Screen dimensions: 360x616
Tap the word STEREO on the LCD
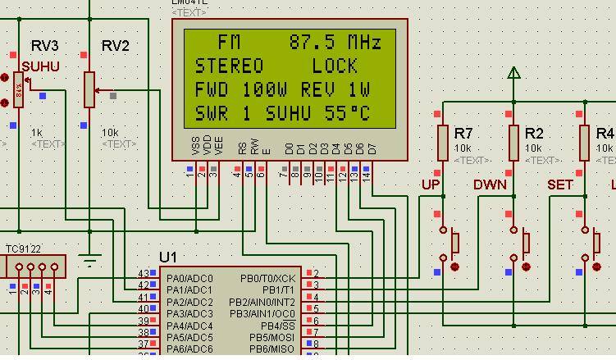tap(229, 66)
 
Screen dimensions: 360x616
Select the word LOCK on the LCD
tap(335, 66)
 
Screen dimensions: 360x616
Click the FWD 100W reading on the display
tap(243, 90)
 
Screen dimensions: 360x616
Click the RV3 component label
tap(44, 46)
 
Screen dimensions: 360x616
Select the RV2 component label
tap(115, 46)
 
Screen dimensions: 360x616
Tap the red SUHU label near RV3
tap(40, 66)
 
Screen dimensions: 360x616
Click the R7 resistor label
tap(463, 133)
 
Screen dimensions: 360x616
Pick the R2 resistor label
tap(534, 133)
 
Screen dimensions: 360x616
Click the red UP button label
tap(431, 185)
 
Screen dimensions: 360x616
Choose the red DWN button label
tap(490, 185)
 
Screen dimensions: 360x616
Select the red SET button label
tap(560, 185)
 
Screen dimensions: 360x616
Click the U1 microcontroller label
tap(168, 257)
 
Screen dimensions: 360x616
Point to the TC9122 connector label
tap(24, 248)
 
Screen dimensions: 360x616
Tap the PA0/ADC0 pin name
tap(189, 278)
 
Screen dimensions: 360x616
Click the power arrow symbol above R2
tap(514, 74)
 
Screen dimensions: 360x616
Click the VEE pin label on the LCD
tap(219, 147)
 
